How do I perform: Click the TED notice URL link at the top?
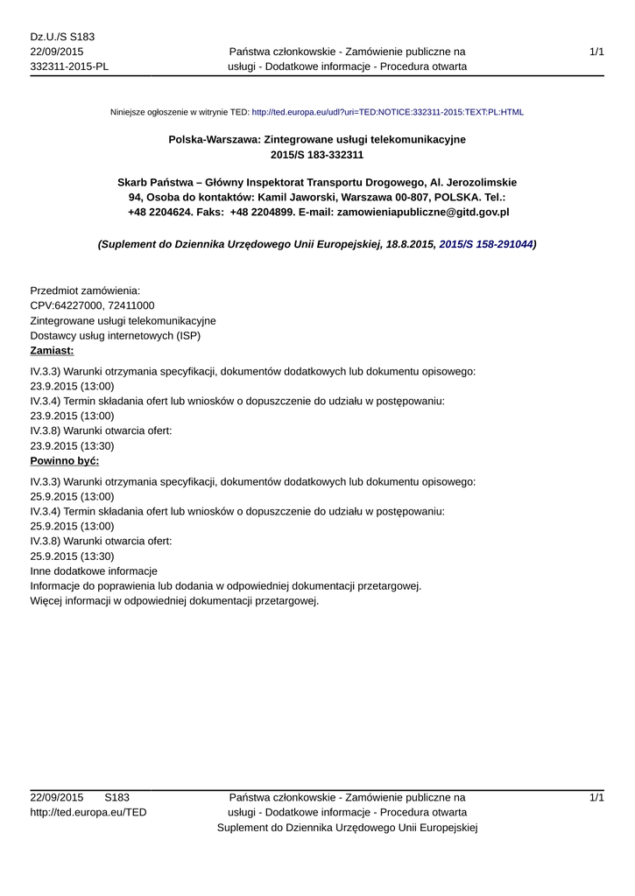[x=387, y=112]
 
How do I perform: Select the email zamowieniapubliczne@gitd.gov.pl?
[x=423, y=212]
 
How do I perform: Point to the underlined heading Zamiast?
[x=53, y=350]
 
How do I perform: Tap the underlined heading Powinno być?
[x=65, y=460]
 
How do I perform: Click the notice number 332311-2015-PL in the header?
[x=69, y=66]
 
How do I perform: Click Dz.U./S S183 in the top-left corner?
[x=62, y=37]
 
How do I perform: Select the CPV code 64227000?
[x=78, y=305]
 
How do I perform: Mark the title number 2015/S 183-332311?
[x=317, y=155]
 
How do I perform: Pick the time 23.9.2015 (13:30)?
[x=72, y=445]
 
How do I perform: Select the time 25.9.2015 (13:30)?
[x=72, y=556]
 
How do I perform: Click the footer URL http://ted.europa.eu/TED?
[x=88, y=812]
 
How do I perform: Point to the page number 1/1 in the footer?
[x=596, y=797]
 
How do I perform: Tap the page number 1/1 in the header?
[x=596, y=52]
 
